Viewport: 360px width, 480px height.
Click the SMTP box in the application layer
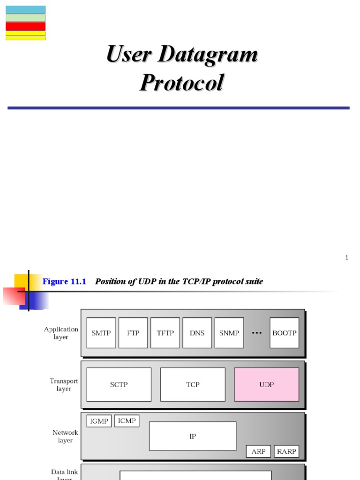point(101,333)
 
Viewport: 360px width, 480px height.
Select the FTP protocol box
point(133,333)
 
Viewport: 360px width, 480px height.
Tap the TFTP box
point(165,333)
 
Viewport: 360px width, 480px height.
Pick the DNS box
point(197,333)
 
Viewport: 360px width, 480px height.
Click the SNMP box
point(229,333)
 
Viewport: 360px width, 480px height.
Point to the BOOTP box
point(284,333)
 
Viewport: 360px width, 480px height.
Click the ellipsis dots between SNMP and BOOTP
point(256,333)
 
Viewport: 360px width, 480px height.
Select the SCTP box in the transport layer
point(119,384)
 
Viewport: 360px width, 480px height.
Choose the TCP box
point(193,384)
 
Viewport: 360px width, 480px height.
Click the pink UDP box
point(266,384)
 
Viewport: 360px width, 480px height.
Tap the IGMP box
point(99,421)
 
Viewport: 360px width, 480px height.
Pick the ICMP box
point(127,421)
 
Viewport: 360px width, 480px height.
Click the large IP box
point(193,436)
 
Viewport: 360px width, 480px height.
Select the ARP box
point(258,451)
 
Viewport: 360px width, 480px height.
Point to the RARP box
point(286,451)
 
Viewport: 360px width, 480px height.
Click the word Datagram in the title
point(208,54)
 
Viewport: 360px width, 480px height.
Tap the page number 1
point(347,257)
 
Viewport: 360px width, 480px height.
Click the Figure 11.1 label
point(64,281)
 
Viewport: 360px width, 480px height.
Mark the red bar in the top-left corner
point(25,26)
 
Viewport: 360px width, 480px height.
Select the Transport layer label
point(64,385)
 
